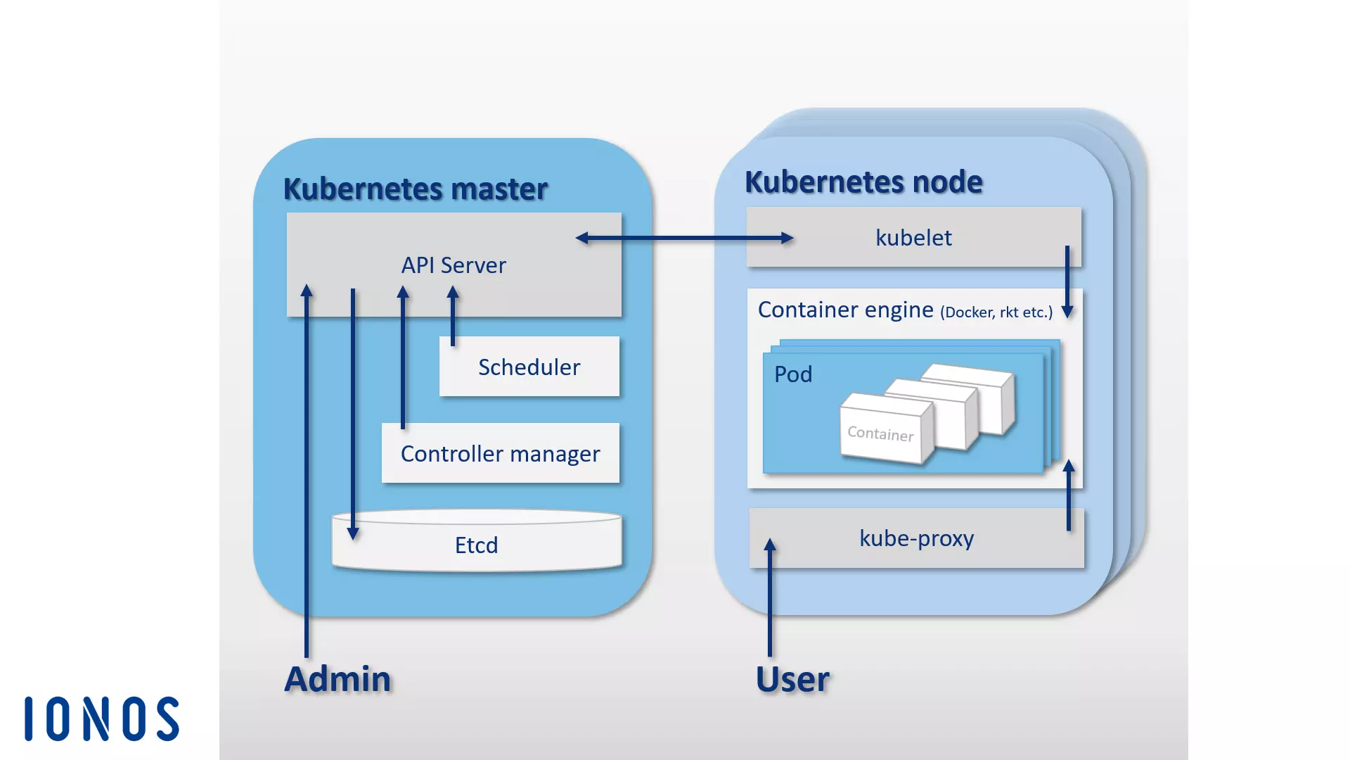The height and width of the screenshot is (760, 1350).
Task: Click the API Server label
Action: [x=454, y=265]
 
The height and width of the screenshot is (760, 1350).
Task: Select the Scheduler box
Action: [x=529, y=367]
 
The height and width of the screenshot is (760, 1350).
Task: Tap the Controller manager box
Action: [x=500, y=454]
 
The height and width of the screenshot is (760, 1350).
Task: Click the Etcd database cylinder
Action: [x=476, y=545]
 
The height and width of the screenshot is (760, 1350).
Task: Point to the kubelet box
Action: [x=913, y=238]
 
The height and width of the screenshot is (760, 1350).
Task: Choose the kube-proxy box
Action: [x=916, y=538]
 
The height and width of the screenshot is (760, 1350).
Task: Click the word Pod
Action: [x=793, y=374]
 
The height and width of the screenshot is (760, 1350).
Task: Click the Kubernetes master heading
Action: [x=415, y=189]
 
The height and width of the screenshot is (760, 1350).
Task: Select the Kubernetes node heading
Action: [x=863, y=182]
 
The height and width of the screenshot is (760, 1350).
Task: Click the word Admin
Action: [x=337, y=679]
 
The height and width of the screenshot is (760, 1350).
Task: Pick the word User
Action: [x=792, y=680]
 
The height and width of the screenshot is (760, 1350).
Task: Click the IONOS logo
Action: [x=102, y=719]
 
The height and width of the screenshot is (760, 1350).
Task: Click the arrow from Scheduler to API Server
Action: [x=453, y=317]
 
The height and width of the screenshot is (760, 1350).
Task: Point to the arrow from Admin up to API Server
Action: [x=307, y=471]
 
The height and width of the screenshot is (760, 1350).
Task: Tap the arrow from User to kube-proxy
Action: [x=770, y=598]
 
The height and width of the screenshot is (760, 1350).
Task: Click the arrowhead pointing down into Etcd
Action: [x=353, y=533]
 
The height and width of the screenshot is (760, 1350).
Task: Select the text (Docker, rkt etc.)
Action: [x=996, y=312]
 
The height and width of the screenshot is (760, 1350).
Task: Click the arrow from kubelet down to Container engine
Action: [x=1067, y=281]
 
